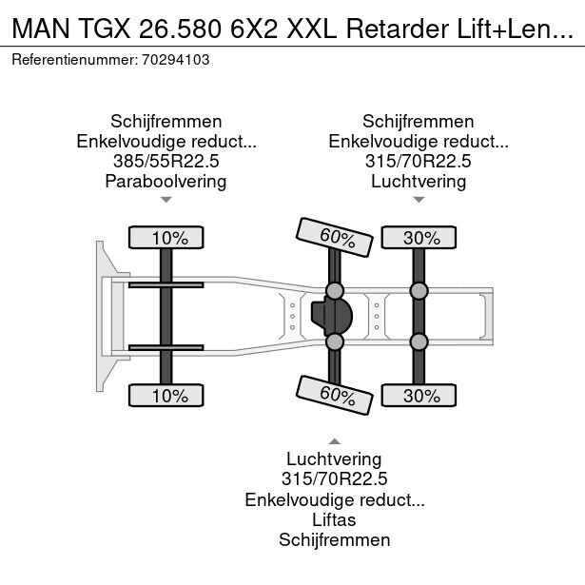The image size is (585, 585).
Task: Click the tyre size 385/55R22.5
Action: [x=166, y=161]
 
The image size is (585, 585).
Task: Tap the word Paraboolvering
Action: [x=166, y=181]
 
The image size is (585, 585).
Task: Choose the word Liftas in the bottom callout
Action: [x=334, y=519]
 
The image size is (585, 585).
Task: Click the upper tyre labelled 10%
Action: [x=166, y=238]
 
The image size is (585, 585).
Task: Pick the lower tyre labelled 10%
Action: [x=166, y=394]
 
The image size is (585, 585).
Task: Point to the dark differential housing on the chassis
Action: [x=331, y=316]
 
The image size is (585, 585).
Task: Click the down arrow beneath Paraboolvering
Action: [x=166, y=200]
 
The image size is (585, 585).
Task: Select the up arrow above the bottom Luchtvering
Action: [x=334, y=440]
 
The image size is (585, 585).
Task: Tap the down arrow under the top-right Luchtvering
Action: [x=419, y=200]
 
